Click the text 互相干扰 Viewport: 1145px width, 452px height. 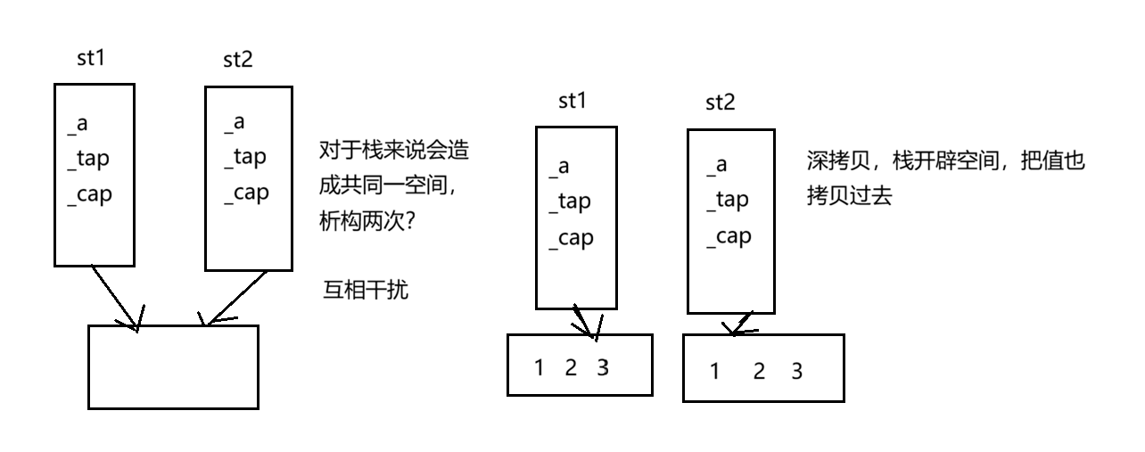coord(365,290)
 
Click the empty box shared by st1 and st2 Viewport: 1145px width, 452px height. coord(173,366)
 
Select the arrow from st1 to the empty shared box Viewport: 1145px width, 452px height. coord(116,297)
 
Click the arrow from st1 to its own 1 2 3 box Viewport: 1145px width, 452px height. coord(584,321)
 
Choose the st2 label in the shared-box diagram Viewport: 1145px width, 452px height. coord(238,61)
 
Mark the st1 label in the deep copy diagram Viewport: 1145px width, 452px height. coord(572,101)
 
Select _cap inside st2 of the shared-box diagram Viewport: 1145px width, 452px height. coord(245,193)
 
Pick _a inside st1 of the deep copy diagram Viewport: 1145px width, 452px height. coord(557,167)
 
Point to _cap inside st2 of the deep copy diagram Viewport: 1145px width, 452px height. coord(728,236)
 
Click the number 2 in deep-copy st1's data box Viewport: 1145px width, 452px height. coord(571,366)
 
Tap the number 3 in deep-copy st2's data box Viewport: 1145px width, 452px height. coord(796,371)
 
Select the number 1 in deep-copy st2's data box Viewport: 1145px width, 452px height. coord(714,371)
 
